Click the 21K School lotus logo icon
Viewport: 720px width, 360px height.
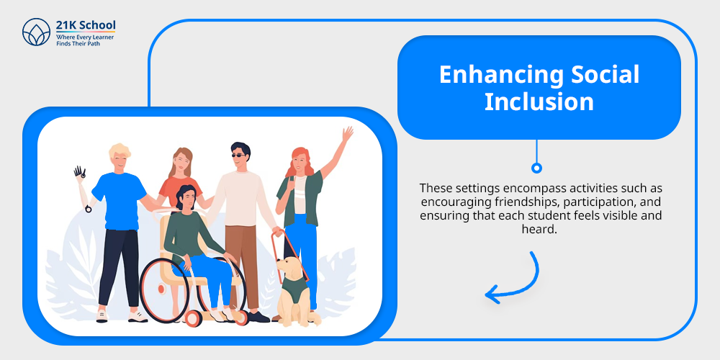coord(36,32)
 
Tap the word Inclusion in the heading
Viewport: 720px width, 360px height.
coord(539,102)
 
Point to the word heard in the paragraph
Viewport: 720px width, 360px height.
coord(539,229)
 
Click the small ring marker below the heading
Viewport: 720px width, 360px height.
coord(536,168)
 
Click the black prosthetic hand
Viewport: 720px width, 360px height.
coord(80,172)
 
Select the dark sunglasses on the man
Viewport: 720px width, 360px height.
coord(238,156)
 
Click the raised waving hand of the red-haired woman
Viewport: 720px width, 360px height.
coord(348,134)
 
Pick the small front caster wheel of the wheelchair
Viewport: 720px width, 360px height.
coord(193,318)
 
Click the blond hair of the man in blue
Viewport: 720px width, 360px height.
coord(119,151)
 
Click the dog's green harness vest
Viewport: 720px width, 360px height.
coord(293,289)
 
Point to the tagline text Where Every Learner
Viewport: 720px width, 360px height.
coord(85,37)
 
